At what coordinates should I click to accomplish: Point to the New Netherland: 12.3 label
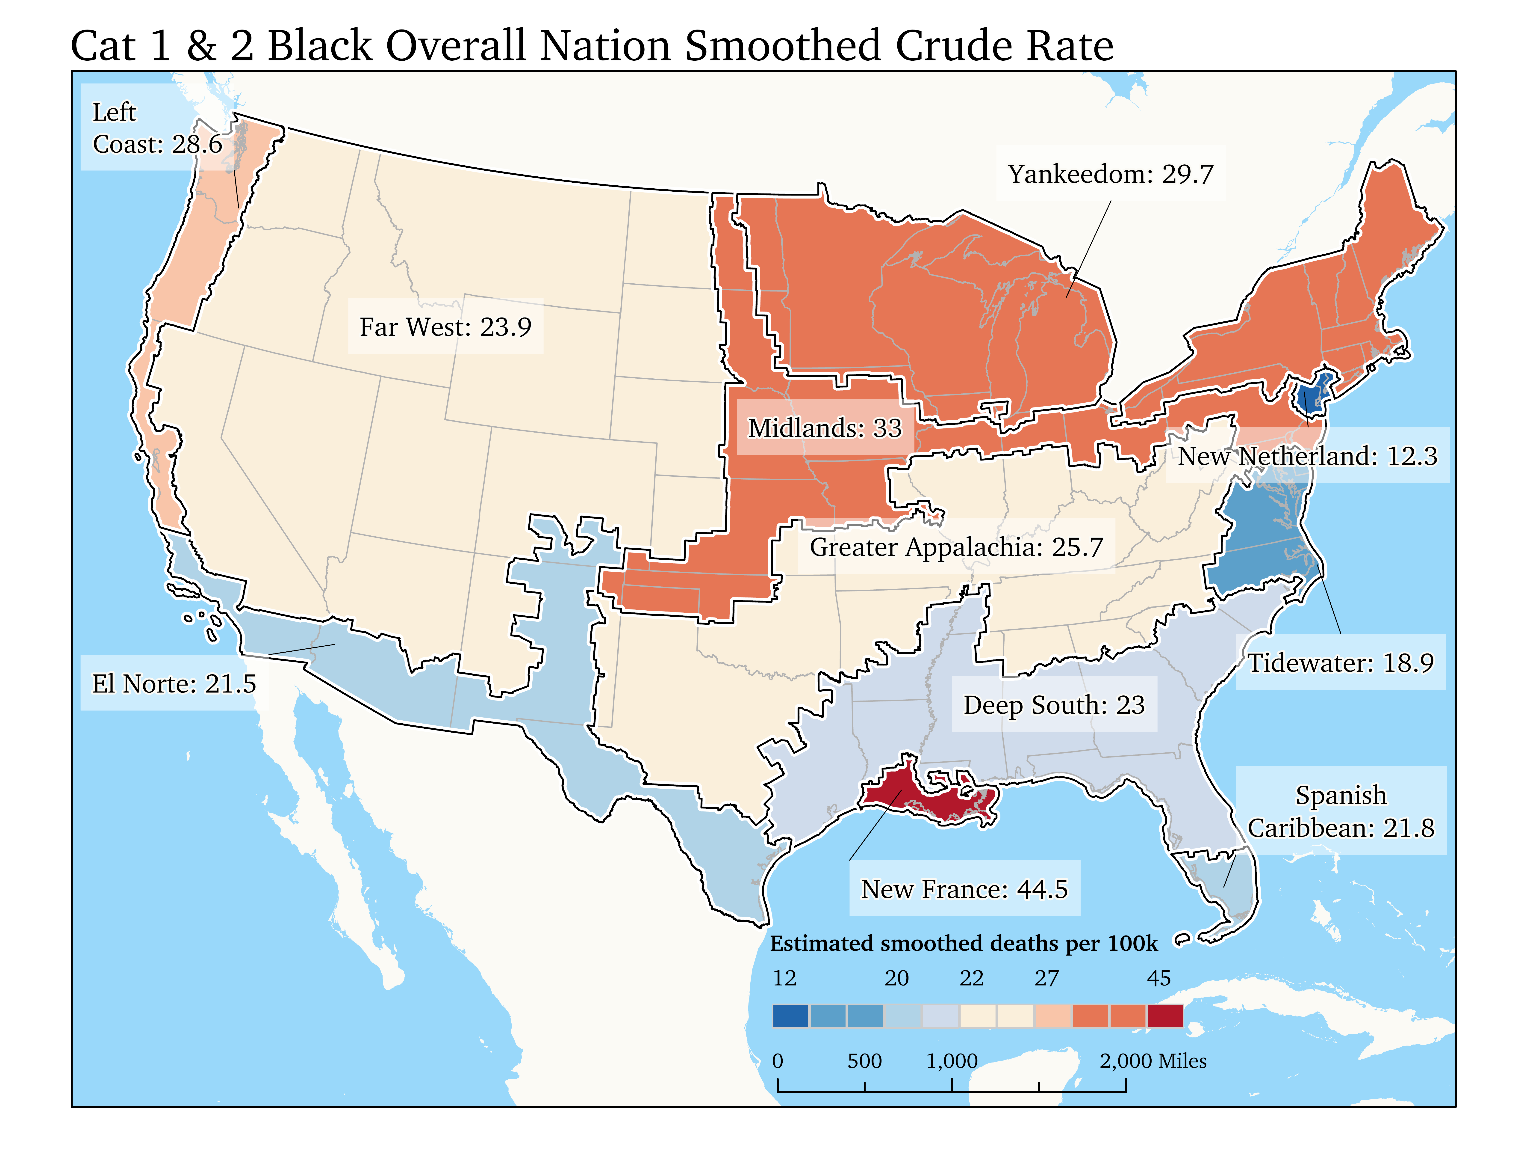1307,456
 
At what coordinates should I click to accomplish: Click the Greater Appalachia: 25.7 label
956,547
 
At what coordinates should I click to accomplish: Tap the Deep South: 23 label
1054,705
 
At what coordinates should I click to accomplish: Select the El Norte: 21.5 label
174,683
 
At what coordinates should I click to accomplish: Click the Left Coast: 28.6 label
157,128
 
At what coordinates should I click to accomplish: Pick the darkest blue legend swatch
790,1016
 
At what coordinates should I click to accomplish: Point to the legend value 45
1159,978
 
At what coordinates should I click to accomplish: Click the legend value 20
896,978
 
